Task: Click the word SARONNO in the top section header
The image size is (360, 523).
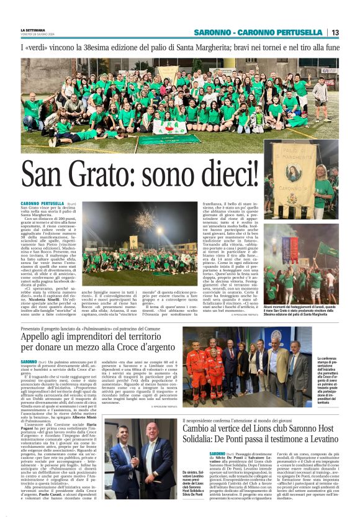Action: [215, 32]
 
